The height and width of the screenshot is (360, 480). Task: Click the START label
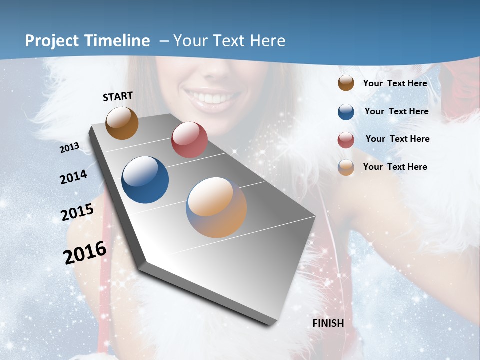coord(118,96)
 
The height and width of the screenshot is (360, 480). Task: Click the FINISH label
coord(328,323)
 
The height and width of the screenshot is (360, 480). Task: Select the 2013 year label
coord(69,148)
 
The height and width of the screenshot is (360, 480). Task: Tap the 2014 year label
coord(73,177)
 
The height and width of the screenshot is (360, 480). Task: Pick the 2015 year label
coord(77,212)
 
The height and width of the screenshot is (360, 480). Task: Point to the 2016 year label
coord(85,253)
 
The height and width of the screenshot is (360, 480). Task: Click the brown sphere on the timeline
coord(122,123)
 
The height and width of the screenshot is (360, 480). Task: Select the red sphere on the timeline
coord(189,140)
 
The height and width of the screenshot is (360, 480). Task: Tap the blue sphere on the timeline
coord(145,180)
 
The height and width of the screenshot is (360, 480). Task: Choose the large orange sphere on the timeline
coord(216,207)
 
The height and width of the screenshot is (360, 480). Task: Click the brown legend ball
coord(346,83)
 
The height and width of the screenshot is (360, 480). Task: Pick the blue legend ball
coord(346,112)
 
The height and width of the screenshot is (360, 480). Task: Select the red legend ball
coord(346,140)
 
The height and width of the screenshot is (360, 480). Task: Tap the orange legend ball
coord(346,167)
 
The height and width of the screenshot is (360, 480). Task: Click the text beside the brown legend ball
coord(395,83)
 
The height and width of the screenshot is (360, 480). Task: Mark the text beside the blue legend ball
coord(396,111)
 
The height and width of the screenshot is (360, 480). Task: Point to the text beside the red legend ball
coord(397,139)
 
